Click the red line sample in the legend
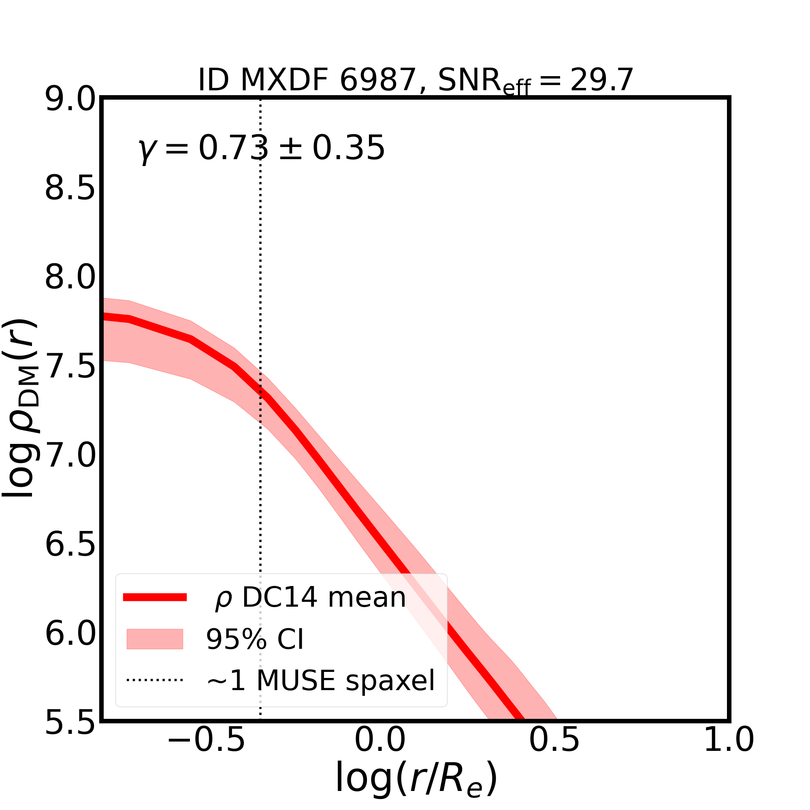[x=155, y=597]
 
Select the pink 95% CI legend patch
[x=155, y=639]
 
